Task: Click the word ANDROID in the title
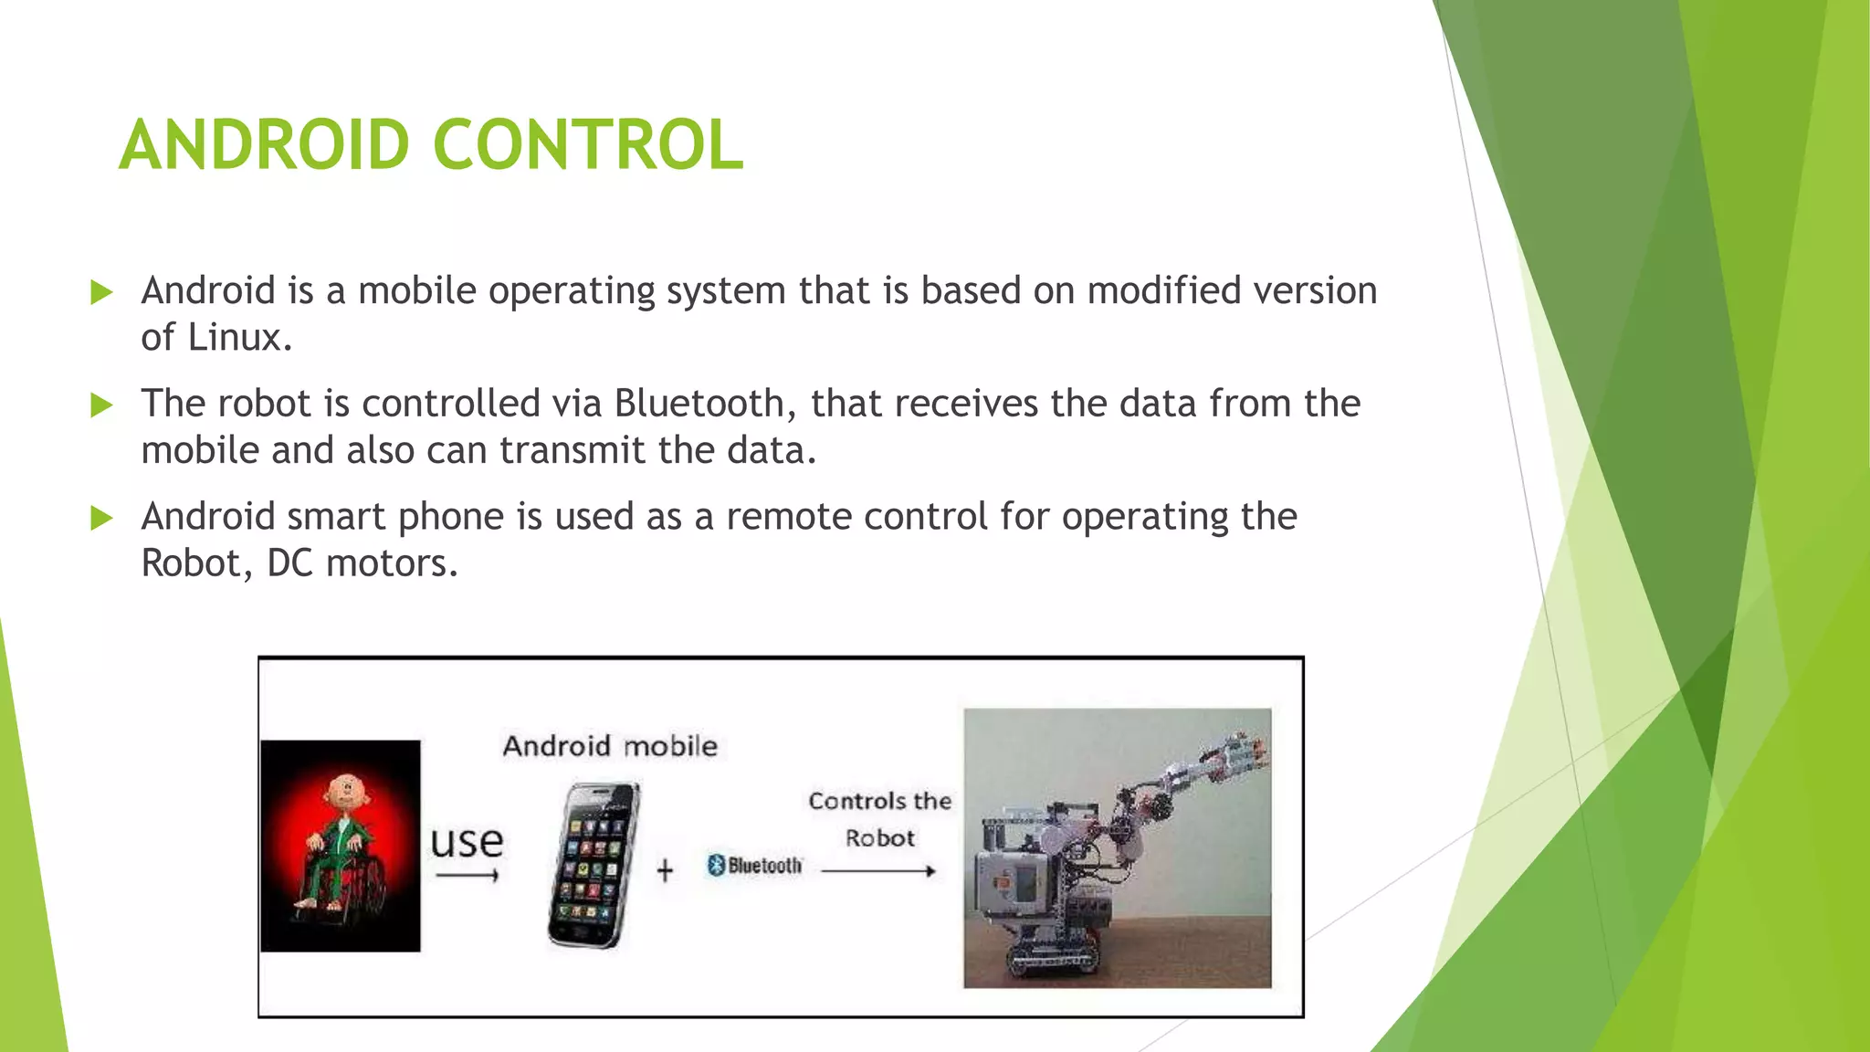(x=264, y=145)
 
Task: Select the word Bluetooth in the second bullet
(x=699, y=404)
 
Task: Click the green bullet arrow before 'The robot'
(x=101, y=405)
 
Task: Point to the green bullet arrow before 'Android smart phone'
(x=101, y=519)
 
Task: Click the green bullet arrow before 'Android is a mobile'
(x=101, y=293)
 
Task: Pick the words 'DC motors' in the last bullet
(x=362, y=563)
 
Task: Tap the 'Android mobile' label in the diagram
(x=610, y=746)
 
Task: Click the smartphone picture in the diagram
(x=594, y=864)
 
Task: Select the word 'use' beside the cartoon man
(x=467, y=841)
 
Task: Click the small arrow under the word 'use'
(x=467, y=876)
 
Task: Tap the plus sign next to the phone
(x=665, y=870)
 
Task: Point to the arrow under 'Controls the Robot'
(x=877, y=871)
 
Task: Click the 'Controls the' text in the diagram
(x=879, y=801)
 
